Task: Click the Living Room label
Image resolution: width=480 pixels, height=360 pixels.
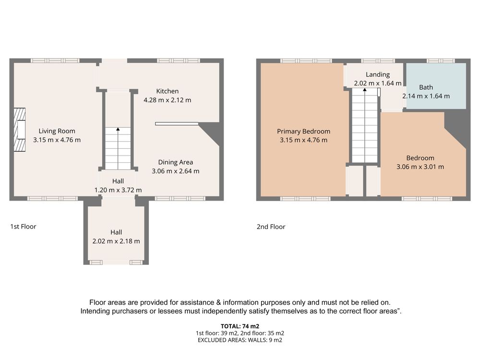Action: click(x=57, y=131)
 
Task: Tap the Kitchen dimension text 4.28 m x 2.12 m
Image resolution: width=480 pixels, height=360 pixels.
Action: click(x=168, y=100)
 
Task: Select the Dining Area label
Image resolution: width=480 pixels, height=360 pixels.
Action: click(x=175, y=162)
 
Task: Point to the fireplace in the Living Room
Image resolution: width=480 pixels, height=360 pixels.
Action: click(x=20, y=130)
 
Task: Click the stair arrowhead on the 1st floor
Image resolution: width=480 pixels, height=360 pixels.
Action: click(x=118, y=129)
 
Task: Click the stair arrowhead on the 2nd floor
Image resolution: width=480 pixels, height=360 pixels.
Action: click(x=365, y=90)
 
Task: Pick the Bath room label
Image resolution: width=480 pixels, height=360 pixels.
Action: click(x=426, y=87)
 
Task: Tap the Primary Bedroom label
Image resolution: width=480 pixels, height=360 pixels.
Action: click(x=304, y=132)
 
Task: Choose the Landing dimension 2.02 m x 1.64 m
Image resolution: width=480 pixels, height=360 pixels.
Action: click(x=378, y=83)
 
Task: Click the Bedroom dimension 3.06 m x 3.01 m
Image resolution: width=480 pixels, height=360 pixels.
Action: click(x=420, y=167)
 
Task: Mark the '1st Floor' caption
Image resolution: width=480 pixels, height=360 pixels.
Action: click(x=23, y=227)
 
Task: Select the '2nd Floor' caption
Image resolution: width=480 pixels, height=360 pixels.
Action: click(x=271, y=227)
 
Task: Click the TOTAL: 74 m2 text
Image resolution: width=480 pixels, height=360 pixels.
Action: click(x=240, y=326)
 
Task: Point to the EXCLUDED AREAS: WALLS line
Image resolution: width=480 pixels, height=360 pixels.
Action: click(x=240, y=340)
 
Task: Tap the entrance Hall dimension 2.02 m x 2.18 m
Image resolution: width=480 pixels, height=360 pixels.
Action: click(x=116, y=241)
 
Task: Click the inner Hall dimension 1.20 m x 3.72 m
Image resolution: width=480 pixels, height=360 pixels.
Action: click(x=118, y=190)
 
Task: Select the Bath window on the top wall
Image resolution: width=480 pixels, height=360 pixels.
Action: click(x=441, y=61)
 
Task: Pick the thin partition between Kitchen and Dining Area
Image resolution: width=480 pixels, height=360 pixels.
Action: click(x=177, y=124)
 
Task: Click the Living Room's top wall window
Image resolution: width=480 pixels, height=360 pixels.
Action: click(x=55, y=60)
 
